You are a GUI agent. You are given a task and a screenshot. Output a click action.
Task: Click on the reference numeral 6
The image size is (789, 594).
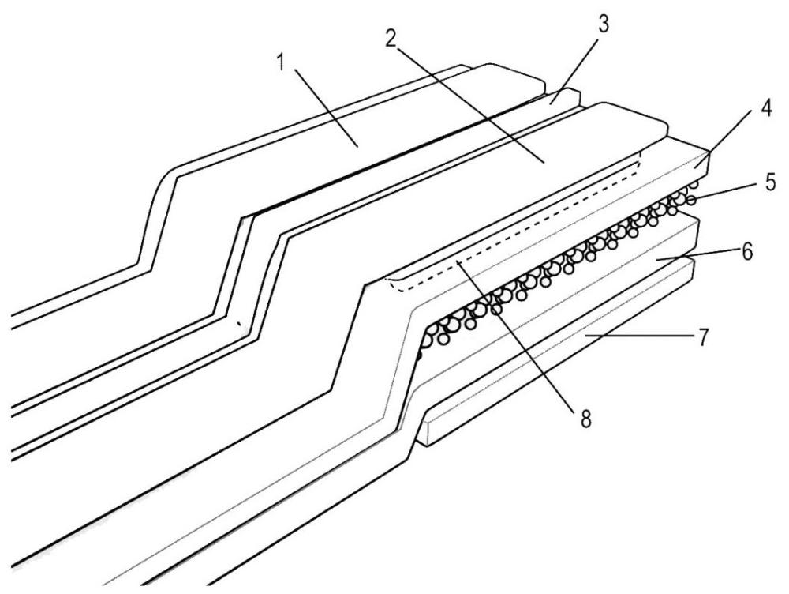(748, 253)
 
